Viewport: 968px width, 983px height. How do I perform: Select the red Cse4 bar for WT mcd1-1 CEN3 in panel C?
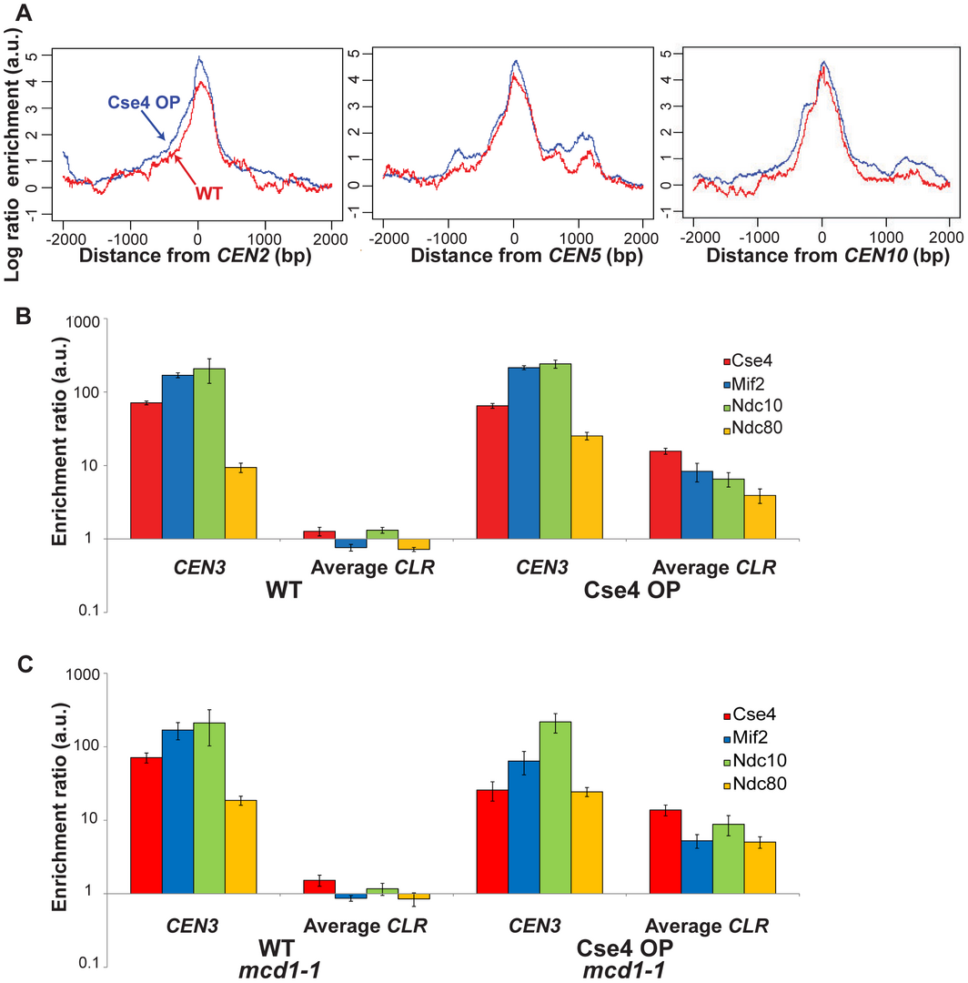(x=146, y=825)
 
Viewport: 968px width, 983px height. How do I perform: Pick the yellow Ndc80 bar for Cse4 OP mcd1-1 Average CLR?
(x=760, y=867)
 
